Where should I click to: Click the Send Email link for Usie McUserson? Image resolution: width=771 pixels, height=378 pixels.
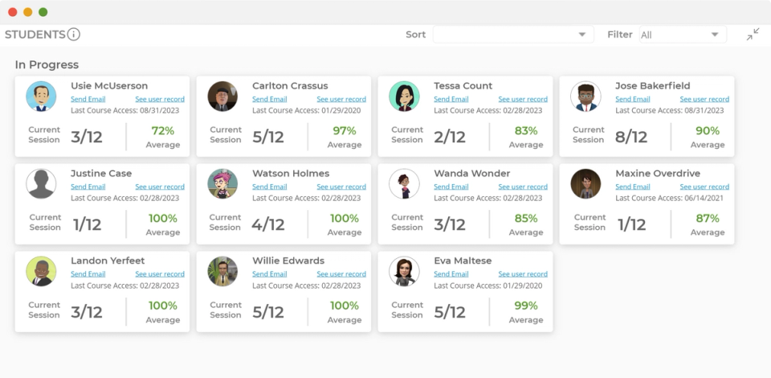(x=88, y=99)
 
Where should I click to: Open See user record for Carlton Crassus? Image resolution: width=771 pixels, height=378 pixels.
(x=341, y=99)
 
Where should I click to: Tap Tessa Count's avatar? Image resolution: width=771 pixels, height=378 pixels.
(x=404, y=97)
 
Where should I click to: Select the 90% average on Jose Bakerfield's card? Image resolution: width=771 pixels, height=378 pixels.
(x=707, y=131)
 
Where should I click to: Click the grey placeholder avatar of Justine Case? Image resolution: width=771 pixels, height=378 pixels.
(x=41, y=184)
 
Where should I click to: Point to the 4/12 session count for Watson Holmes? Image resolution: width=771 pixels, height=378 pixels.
(x=267, y=224)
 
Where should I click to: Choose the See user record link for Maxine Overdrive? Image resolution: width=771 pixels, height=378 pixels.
(x=704, y=187)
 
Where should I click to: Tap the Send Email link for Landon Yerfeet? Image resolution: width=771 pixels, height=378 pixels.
(x=88, y=274)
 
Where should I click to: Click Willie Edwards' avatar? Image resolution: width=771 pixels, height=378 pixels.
(x=222, y=272)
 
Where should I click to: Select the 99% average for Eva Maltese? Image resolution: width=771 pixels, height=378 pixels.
(x=525, y=306)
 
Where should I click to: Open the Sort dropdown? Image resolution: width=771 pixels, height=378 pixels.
(x=512, y=35)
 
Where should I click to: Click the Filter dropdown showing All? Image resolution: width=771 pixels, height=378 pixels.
(x=682, y=35)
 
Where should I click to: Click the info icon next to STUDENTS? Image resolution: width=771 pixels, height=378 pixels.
(x=74, y=35)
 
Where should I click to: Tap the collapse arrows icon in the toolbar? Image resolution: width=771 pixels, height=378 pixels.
(x=753, y=34)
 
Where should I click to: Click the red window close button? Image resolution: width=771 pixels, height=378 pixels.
(x=12, y=12)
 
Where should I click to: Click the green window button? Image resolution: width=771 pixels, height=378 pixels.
(x=43, y=12)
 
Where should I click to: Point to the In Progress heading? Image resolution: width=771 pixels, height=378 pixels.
(x=47, y=65)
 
